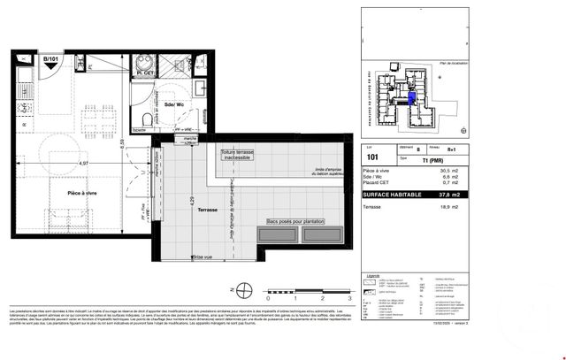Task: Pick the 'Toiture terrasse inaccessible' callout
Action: pyautogui.click(x=238, y=156)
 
